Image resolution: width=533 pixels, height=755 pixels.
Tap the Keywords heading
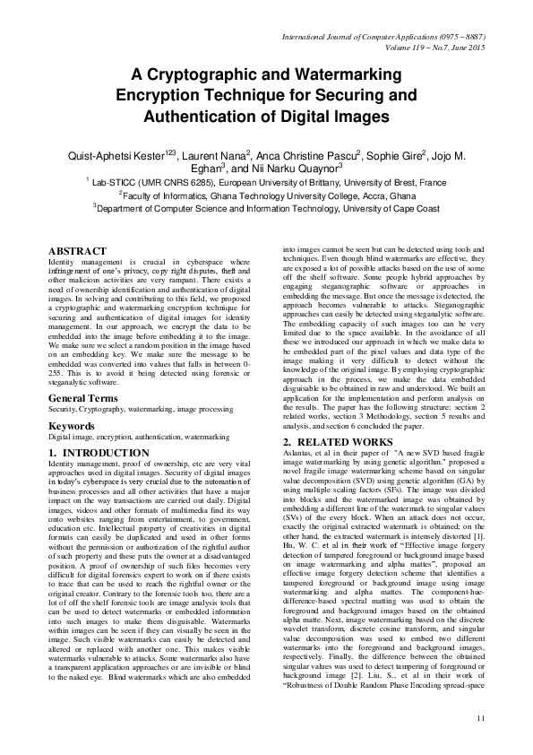coord(72,427)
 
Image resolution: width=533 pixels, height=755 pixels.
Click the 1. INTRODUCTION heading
coord(99,453)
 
